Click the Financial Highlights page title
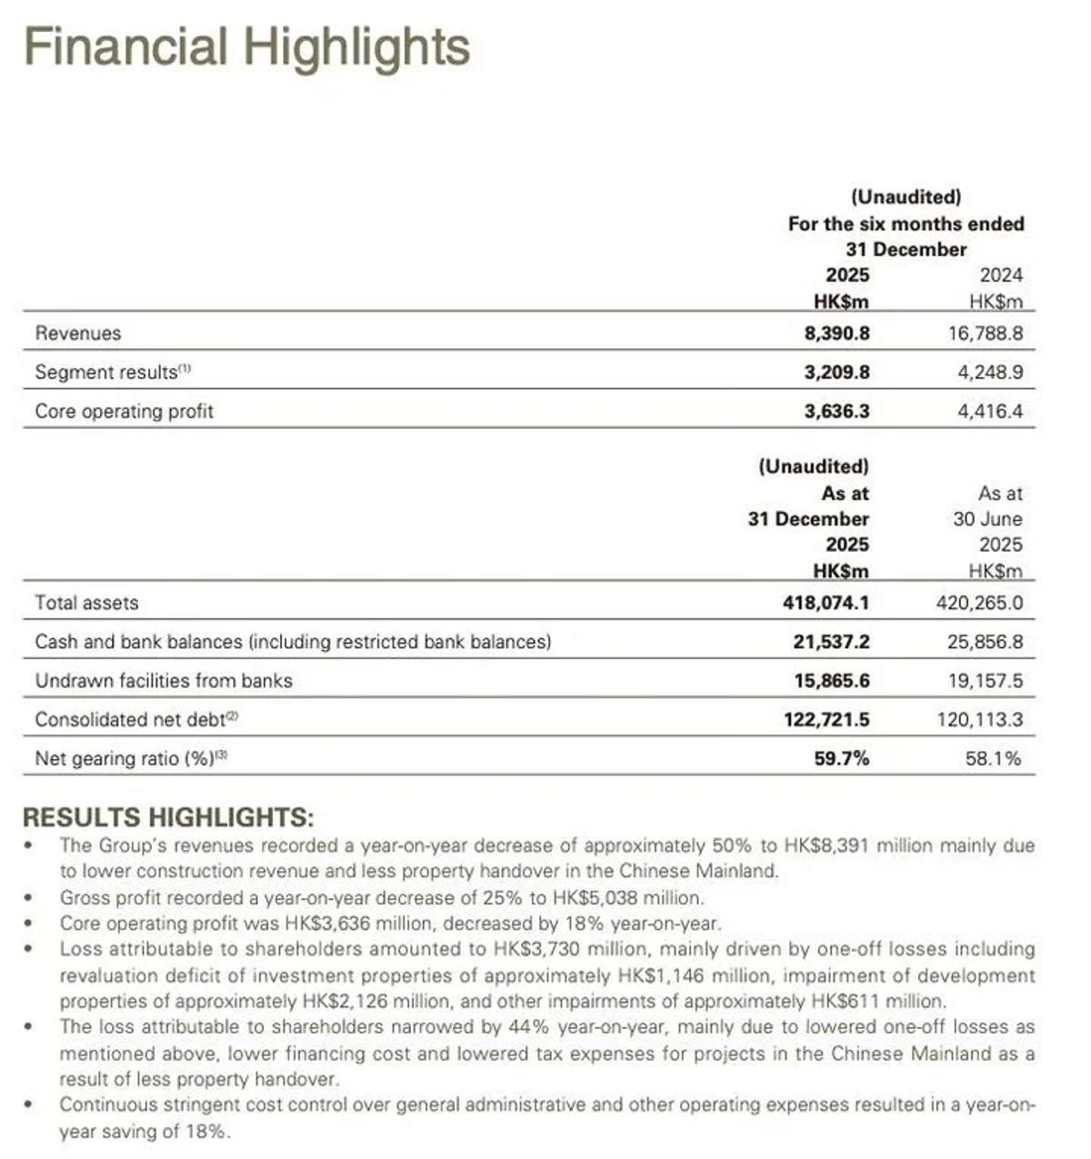pos(246,47)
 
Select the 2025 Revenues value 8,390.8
pos(836,334)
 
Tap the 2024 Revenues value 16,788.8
pos(985,334)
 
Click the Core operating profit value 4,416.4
pos(989,412)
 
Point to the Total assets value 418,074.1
pos(826,603)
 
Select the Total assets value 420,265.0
pos(979,603)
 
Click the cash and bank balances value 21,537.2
pos(831,642)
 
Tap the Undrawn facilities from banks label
pos(164,681)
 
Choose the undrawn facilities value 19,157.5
pos(985,681)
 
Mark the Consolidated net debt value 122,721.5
pos(826,720)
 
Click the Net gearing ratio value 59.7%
pos(841,758)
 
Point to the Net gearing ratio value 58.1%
pos(993,758)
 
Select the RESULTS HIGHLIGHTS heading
pos(168,816)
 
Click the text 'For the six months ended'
pos(906,224)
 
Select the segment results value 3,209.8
pos(836,373)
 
